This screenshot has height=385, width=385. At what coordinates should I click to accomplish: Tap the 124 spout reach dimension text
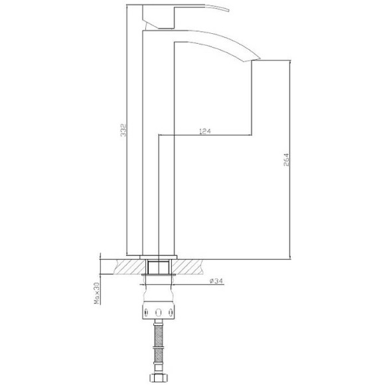(205, 131)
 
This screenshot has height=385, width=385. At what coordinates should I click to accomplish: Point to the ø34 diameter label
(215, 281)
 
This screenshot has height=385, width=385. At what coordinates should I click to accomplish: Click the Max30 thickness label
(96, 291)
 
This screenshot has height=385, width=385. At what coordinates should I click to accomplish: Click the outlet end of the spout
(252, 60)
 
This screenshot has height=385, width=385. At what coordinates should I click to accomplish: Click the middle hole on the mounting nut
(159, 312)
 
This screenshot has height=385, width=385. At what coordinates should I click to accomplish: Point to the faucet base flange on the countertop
(159, 256)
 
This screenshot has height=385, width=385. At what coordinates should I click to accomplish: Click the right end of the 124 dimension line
(251, 135)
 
